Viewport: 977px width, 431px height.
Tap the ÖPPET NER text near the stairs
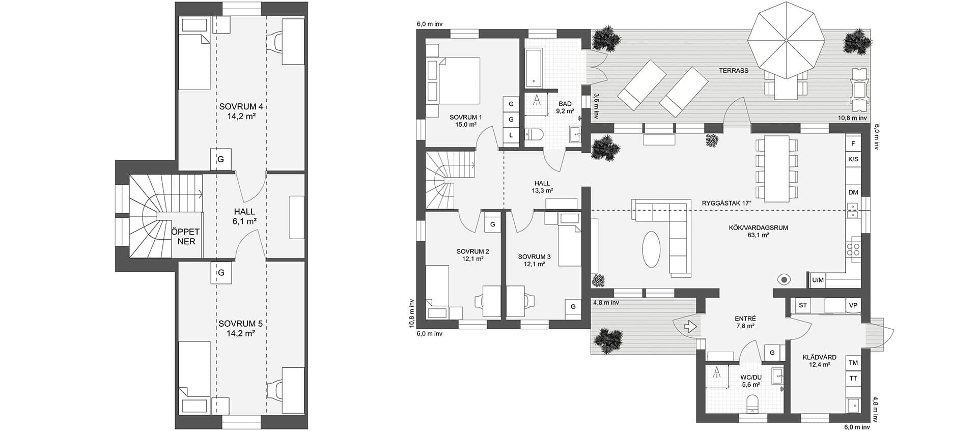coord(186,237)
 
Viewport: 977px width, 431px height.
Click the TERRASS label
coord(734,71)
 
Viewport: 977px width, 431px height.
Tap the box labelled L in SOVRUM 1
coord(511,135)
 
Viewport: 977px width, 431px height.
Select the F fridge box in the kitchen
coord(853,144)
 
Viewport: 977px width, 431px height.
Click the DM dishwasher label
coord(853,192)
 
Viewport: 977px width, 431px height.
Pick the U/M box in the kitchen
coord(818,280)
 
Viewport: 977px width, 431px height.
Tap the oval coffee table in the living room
coord(652,249)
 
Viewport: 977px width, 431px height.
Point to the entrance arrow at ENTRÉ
coord(690,326)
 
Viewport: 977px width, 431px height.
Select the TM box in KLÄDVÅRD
coord(853,363)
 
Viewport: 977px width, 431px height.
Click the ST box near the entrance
coord(803,305)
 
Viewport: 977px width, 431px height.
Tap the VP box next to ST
coord(853,305)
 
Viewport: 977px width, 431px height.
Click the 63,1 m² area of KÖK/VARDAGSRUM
coord(758,236)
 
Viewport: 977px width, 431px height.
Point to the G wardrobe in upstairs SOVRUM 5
coord(221,273)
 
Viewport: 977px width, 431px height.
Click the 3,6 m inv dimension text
coord(596,106)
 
